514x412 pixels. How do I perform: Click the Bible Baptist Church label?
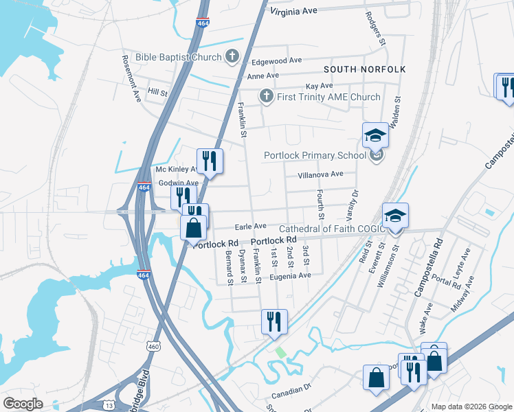[178, 57]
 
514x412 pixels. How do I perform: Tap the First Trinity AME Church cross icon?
[266, 97]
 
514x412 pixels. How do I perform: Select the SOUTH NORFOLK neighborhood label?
[364, 70]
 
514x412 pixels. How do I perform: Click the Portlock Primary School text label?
[315, 155]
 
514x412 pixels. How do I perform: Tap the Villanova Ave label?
[320, 174]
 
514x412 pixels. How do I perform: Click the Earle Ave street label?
[250, 226]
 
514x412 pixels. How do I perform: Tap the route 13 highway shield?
[109, 405]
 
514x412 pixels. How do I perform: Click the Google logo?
[23, 404]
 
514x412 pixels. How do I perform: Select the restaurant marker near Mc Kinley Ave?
[210, 162]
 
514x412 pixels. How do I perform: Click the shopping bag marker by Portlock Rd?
[194, 226]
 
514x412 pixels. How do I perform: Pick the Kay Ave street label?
[319, 86]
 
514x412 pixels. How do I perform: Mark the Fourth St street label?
[320, 201]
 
